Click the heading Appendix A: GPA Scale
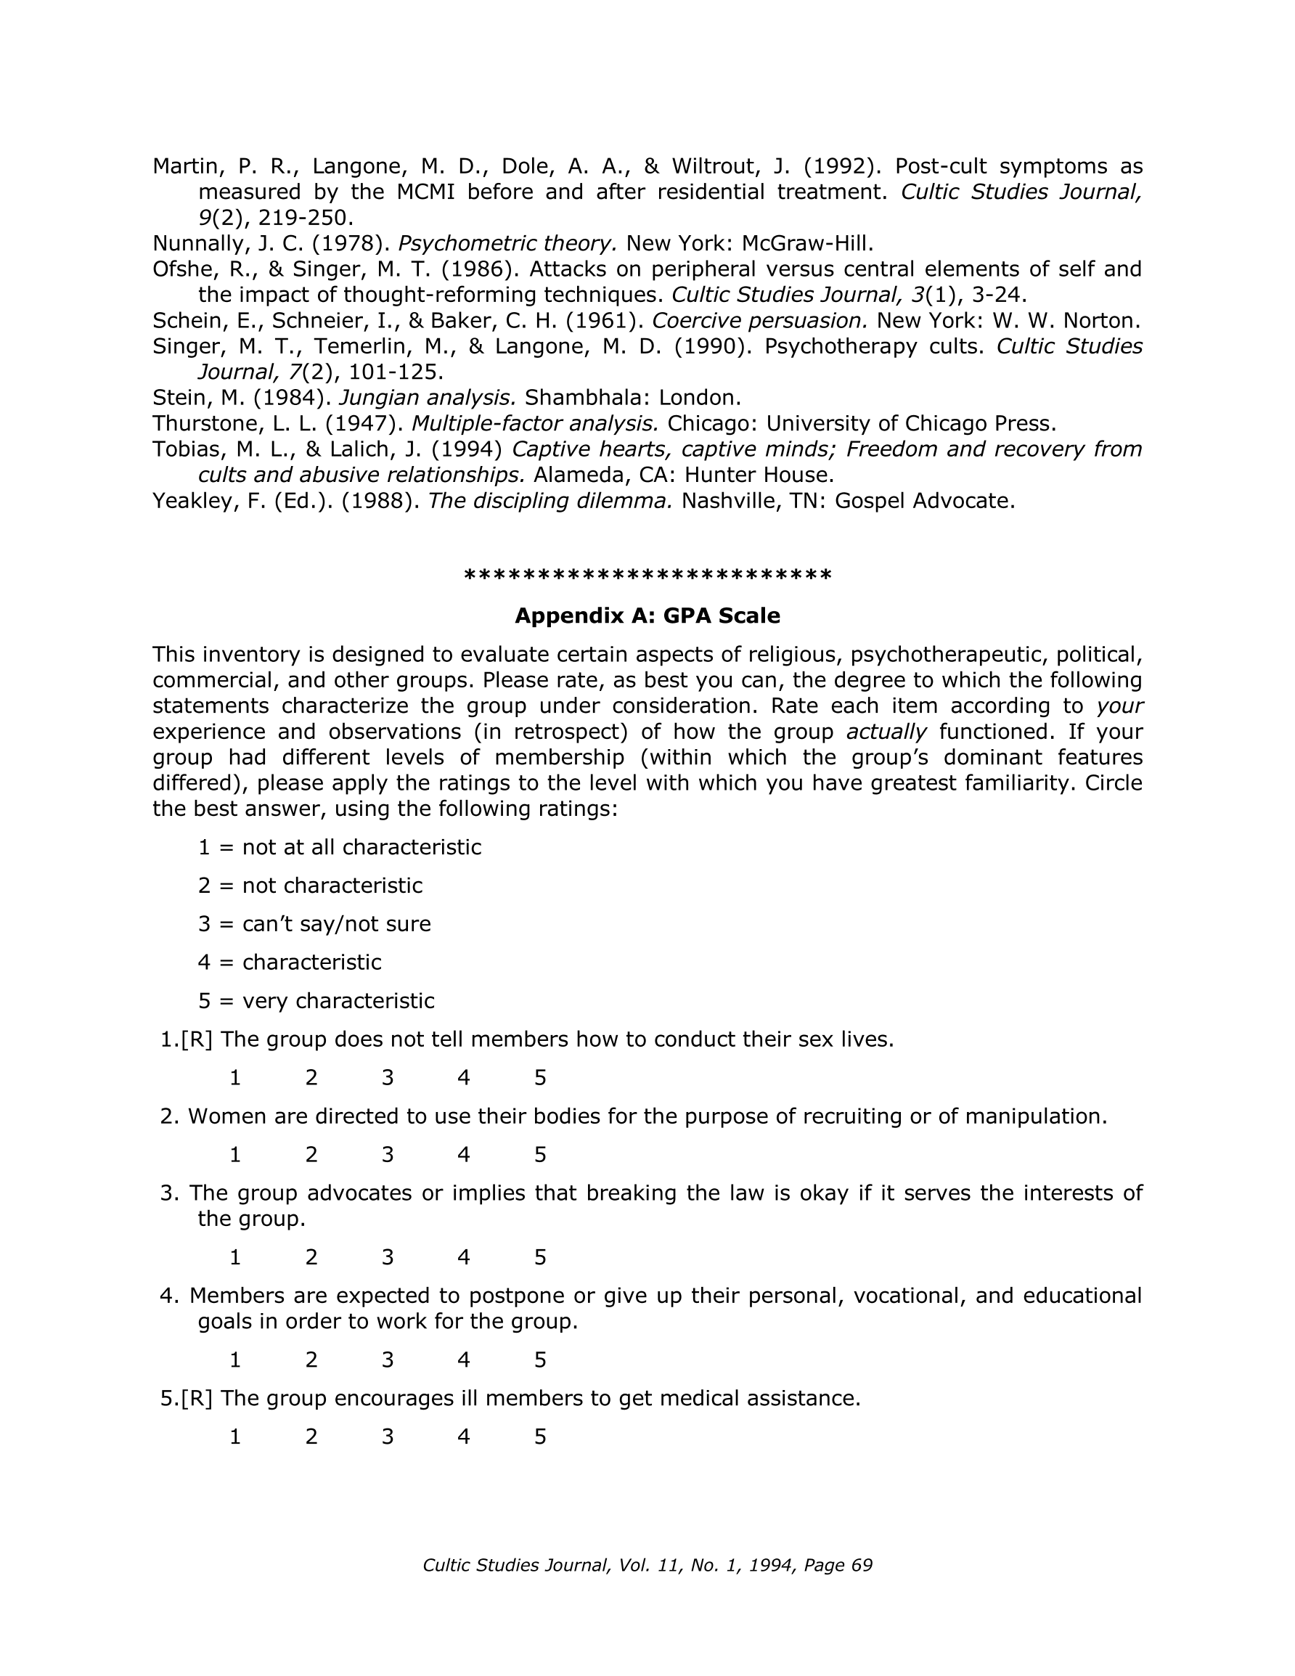647,616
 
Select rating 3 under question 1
388,1077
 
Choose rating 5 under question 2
540,1154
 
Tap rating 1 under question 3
236,1257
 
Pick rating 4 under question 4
464,1360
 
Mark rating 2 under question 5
311,1436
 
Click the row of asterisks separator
647,576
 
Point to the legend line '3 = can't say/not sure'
314,924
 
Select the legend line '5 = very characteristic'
316,1001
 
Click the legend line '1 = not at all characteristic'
339,847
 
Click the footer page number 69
862,1566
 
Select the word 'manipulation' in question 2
1035,1116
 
